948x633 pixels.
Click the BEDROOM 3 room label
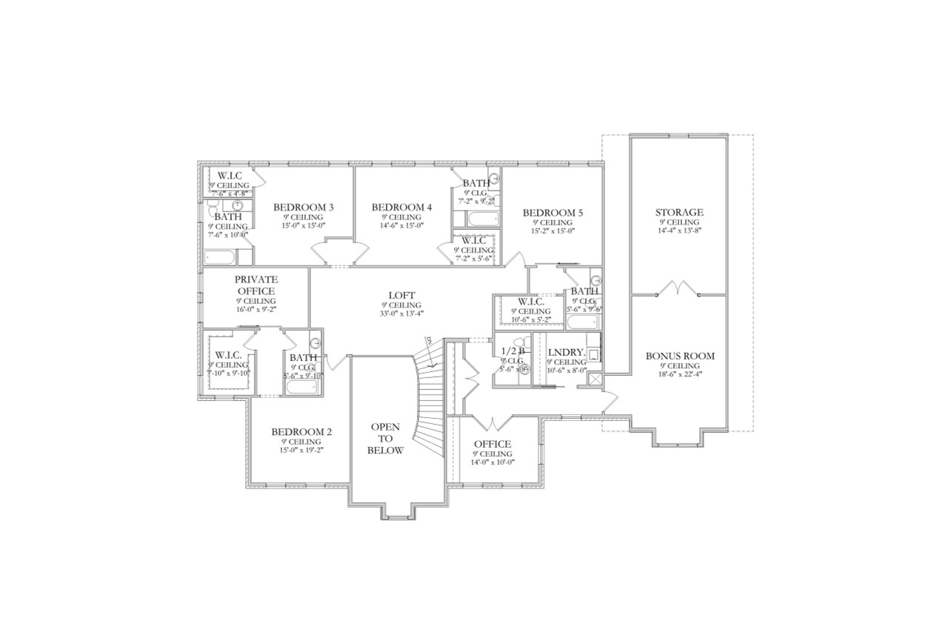(303, 207)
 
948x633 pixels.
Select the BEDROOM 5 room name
(553, 213)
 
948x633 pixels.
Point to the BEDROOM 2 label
(301, 432)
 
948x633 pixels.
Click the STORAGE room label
(678, 213)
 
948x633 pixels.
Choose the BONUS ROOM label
(679, 356)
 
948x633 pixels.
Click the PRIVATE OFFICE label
(256, 285)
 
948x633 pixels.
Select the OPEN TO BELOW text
(386, 438)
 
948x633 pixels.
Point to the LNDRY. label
(566, 352)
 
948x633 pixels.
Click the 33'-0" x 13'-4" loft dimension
(401, 314)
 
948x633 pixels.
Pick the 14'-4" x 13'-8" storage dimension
(678, 231)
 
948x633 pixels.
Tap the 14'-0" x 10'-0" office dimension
(493, 463)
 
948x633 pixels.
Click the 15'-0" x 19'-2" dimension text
(301, 451)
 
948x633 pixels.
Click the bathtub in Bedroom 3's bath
(221, 256)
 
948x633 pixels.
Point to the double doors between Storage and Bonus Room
(678, 288)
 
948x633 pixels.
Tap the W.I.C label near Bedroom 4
(473, 240)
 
